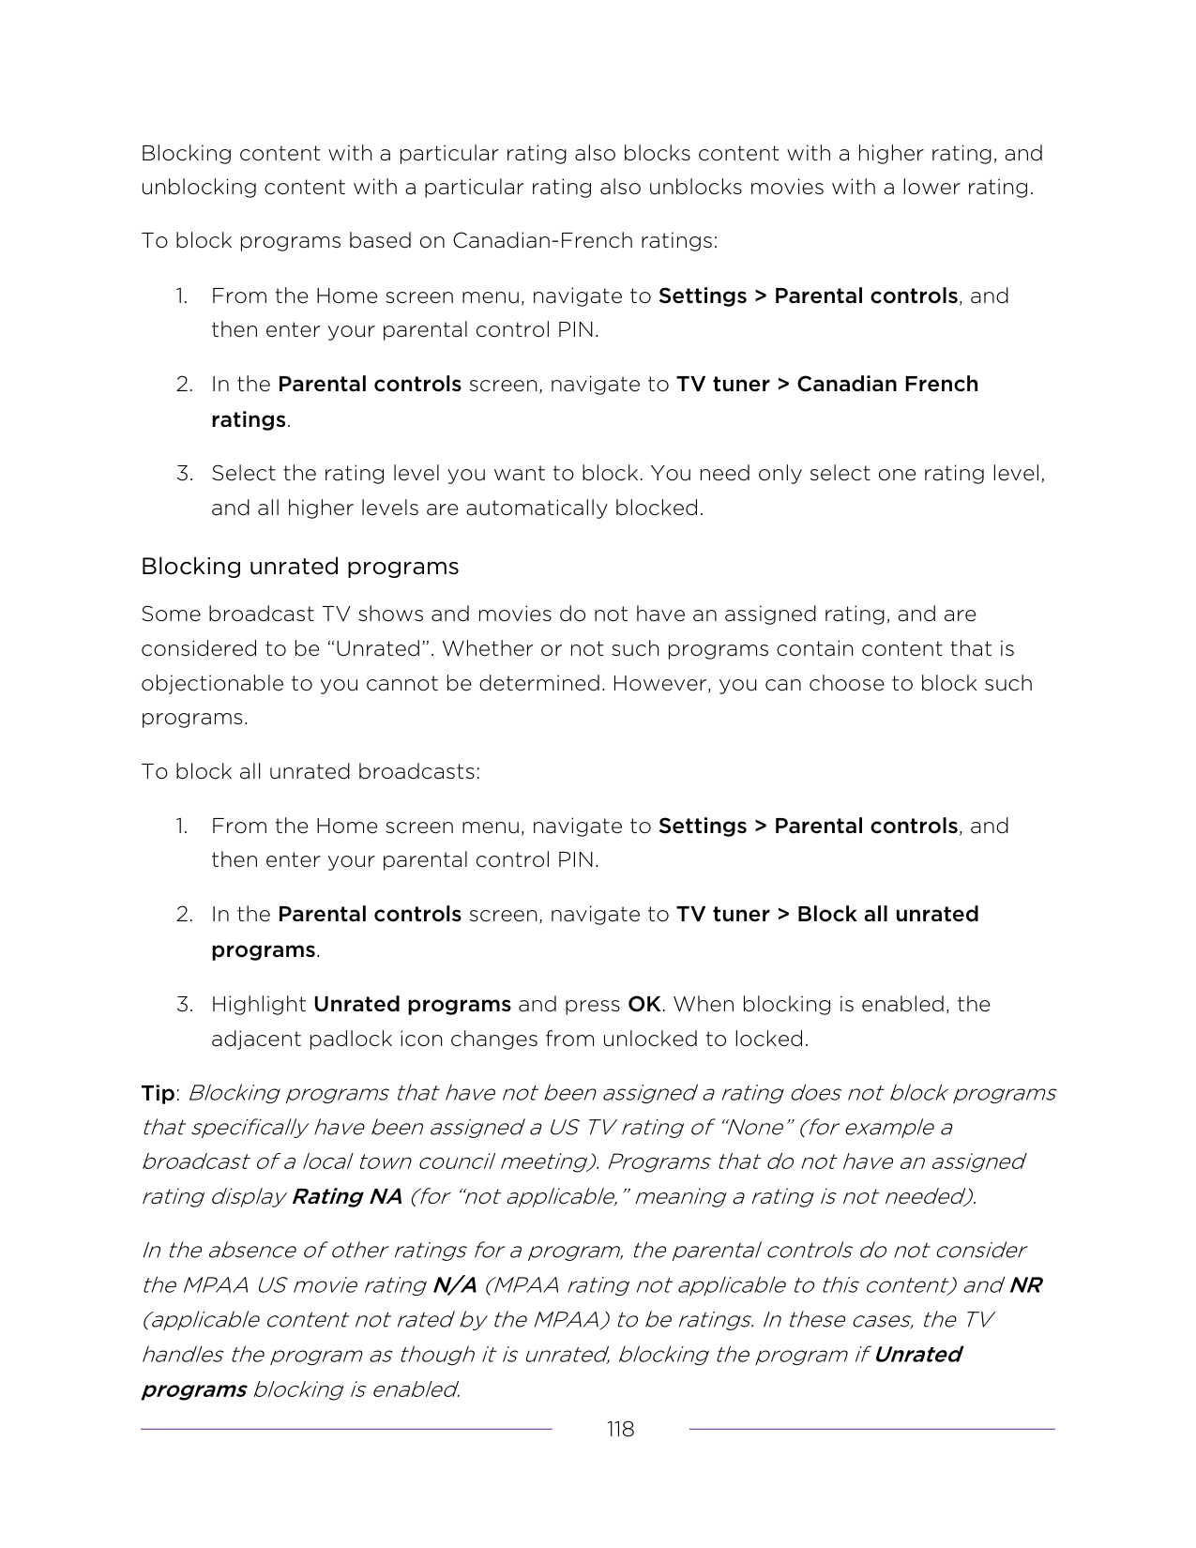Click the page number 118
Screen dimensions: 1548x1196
click(x=620, y=1429)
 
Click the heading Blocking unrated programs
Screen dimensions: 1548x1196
click(x=299, y=567)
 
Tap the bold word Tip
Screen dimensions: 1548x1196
click(x=158, y=1093)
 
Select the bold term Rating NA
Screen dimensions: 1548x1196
click(x=347, y=1196)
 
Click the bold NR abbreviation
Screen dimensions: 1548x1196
click(x=1025, y=1284)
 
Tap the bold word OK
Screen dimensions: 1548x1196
click(x=643, y=1004)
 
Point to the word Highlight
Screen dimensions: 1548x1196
click(x=258, y=1004)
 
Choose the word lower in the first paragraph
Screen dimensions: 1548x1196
click(x=929, y=187)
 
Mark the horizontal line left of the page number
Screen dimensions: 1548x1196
click(x=346, y=1429)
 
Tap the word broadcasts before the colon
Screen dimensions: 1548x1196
click(x=419, y=771)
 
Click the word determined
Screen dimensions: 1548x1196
click(x=543, y=683)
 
